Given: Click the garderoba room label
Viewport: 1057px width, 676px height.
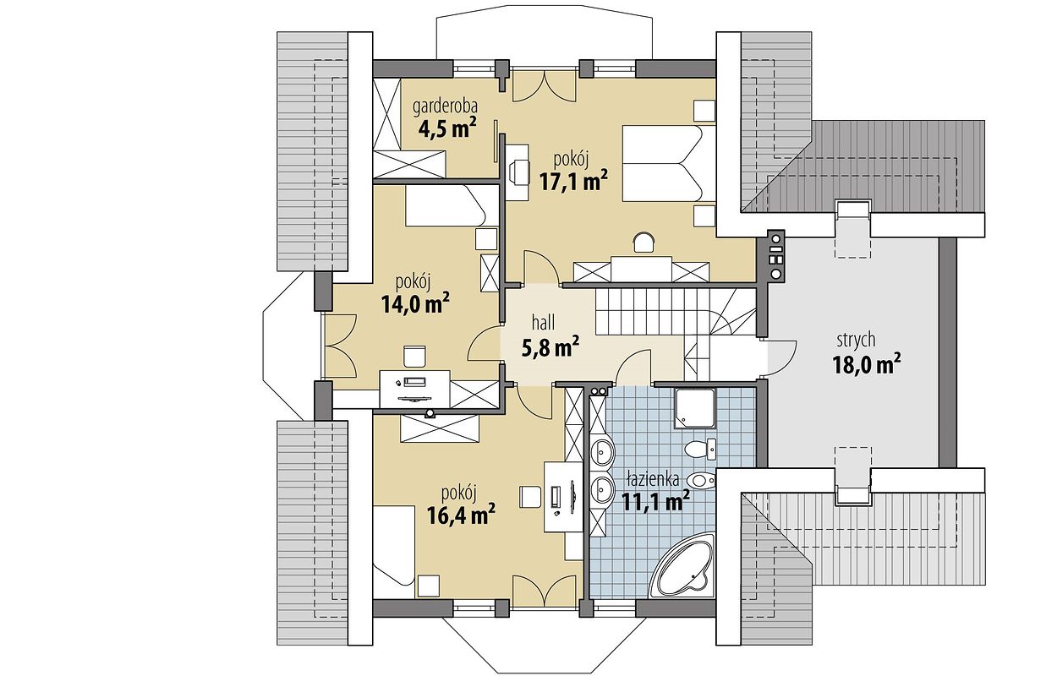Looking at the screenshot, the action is pos(445,107).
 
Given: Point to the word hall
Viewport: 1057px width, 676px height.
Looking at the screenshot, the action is pos(543,324).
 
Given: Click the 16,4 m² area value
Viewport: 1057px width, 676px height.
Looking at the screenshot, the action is pos(461,515).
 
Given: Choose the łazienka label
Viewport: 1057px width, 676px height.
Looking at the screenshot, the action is pos(653,479).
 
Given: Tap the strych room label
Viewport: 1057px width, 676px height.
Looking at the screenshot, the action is pos(857,341).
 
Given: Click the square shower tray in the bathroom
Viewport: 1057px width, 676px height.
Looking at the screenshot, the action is pos(694,409).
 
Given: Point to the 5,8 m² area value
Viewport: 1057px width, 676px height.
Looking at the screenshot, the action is pos(550,347).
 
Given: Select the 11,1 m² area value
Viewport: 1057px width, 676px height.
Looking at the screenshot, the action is pos(655,502).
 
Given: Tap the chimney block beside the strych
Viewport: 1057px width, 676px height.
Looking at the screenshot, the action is pos(775,256).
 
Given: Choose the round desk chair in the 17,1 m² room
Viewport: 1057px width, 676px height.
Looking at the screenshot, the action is pos(643,243).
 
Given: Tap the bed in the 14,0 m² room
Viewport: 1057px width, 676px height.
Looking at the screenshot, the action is pos(445,205).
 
